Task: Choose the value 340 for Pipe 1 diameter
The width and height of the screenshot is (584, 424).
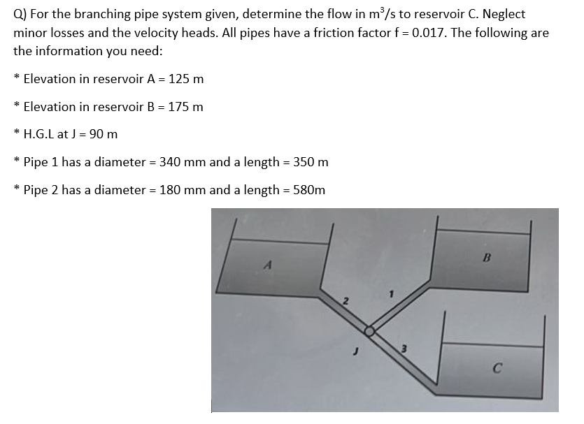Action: [171, 163]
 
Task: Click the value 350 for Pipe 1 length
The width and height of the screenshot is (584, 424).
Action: [294, 163]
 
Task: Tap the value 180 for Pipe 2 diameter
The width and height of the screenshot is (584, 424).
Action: [171, 190]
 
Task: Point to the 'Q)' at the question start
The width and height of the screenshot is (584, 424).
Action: [22, 15]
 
